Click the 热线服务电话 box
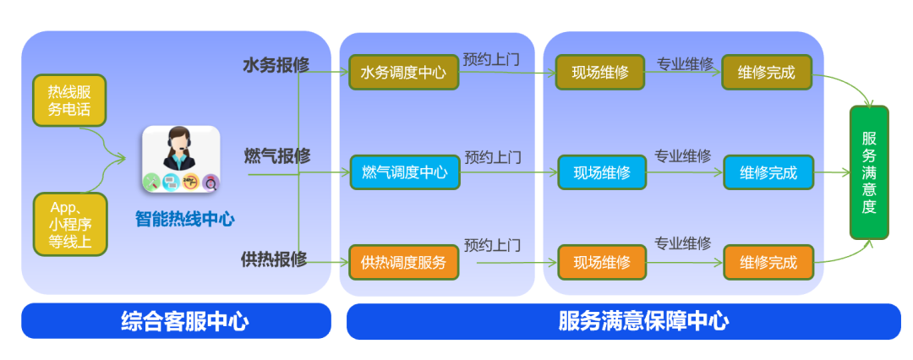pyautogui.click(x=69, y=101)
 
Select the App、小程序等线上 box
pyautogui.click(x=69, y=225)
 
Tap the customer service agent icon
pyautogui.click(x=181, y=158)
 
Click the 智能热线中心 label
pyautogui.click(x=185, y=219)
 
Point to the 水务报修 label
pyautogui.click(x=276, y=65)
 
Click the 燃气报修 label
pyautogui.click(x=276, y=156)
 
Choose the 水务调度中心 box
pyautogui.click(x=403, y=72)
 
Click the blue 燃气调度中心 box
pyautogui.click(x=404, y=172)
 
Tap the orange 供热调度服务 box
pyautogui.click(x=403, y=262)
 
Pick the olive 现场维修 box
pyautogui.click(x=599, y=72)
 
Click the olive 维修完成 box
pyautogui.click(x=766, y=72)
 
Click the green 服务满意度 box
pyautogui.click(x=869, y=172)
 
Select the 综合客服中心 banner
pyautogui.click(x=176, y=321)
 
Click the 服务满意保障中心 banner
pyautogui.click(x=624, y=321)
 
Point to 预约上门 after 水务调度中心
pyautogui.click(x=491, y=60)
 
